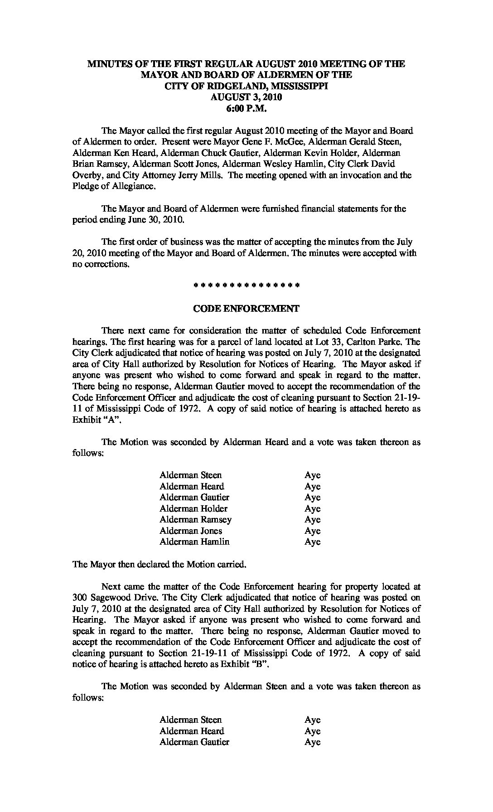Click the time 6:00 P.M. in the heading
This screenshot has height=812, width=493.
(x=246, y=108)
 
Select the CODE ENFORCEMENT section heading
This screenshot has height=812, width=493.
(x=246, y=309)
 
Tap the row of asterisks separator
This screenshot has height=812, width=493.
(x=246, y=286)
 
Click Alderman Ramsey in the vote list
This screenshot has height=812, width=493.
(x=195, y=519)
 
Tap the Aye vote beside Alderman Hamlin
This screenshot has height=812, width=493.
(x=312, y=541)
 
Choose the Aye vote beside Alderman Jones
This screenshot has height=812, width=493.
(x=312, y=531)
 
